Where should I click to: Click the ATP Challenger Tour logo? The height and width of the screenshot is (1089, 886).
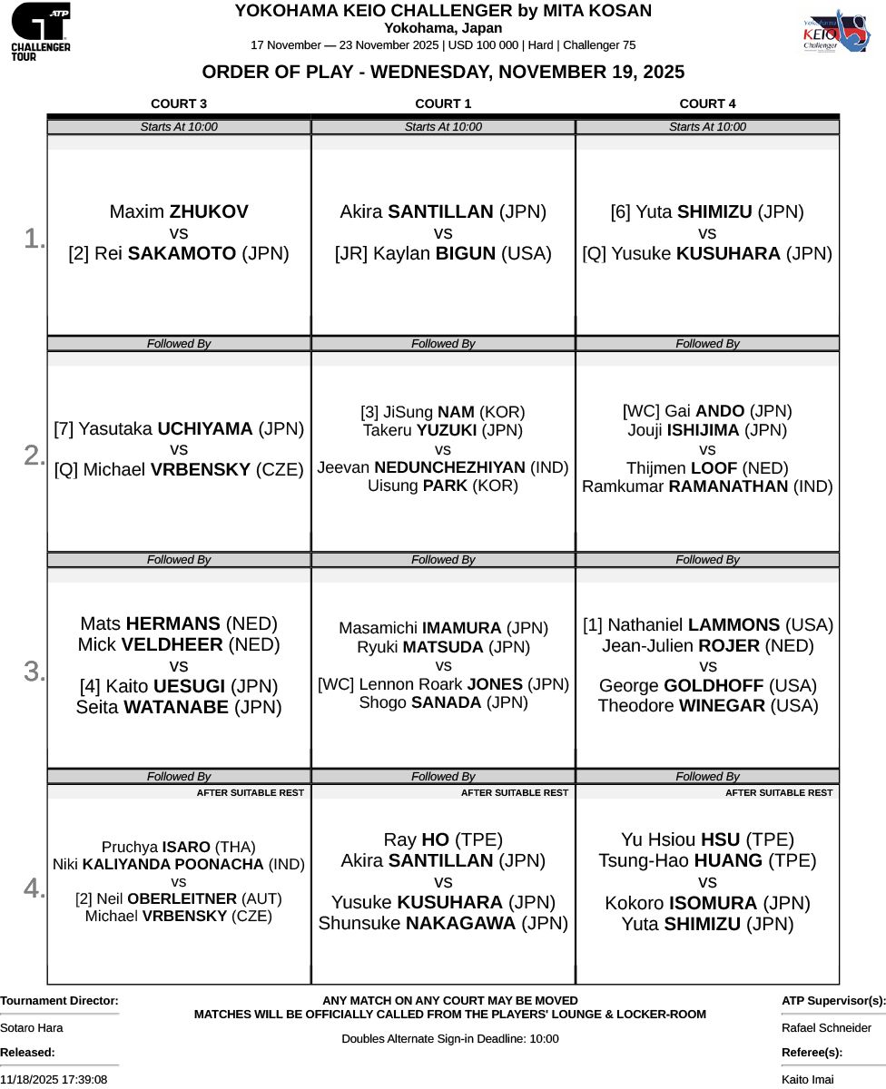pos(40,31)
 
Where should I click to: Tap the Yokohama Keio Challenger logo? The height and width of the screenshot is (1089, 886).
pos(835,34)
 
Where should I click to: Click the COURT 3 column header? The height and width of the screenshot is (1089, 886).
pos(179,103)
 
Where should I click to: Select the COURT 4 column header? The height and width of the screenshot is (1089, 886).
pos(707,103)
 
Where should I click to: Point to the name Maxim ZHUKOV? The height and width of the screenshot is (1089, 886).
pos(179,212)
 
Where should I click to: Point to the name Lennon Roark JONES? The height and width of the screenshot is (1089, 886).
pos(453,684)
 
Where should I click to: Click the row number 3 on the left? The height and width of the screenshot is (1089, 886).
pos(34,672)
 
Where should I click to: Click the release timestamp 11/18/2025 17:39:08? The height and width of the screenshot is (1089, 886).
pos(54,1080)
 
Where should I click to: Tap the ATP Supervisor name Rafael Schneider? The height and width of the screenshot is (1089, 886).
pos(826,1028)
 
